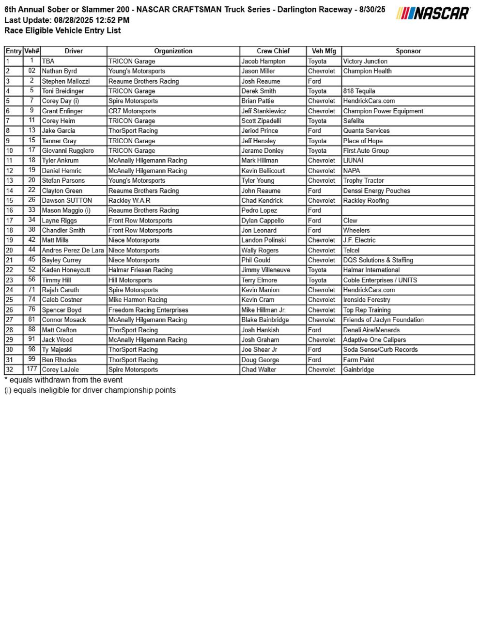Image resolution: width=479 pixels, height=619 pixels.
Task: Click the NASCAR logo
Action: click(433, 14)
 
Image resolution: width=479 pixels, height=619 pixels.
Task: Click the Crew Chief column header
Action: click(273, 51)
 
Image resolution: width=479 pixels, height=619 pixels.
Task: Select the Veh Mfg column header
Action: click(324, 51)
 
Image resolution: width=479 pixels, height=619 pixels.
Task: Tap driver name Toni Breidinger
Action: click(63, 91)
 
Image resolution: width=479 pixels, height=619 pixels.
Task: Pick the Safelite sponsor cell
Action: click(354, 121)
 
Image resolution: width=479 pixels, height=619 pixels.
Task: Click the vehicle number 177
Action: click(32, 369)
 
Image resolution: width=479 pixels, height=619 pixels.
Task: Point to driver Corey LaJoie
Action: click(61, 369)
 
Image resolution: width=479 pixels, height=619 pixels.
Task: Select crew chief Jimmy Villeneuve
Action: click(265, 270)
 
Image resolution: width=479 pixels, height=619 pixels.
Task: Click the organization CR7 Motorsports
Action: click(132, 111)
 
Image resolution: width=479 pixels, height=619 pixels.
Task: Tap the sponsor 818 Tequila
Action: click(359, 91)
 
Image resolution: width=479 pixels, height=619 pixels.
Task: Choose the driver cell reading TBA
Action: click(48, 61)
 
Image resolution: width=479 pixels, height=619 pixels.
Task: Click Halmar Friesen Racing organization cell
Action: click(140, 270)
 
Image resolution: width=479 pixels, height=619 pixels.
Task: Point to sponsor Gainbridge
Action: click(358, 369)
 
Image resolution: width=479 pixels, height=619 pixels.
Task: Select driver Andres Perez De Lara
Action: click(73, 250)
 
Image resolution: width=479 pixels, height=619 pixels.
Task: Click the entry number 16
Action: click(10, 210)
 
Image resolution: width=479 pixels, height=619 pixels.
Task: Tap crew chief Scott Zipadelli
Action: click(261, 121)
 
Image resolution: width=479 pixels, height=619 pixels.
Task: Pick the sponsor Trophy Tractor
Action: click(363, 180)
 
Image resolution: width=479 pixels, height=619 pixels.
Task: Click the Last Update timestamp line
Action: click(67, 20)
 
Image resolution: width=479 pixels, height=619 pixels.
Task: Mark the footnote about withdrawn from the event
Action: click(63, 380)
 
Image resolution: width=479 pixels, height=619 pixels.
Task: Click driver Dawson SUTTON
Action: click(67, 200)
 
